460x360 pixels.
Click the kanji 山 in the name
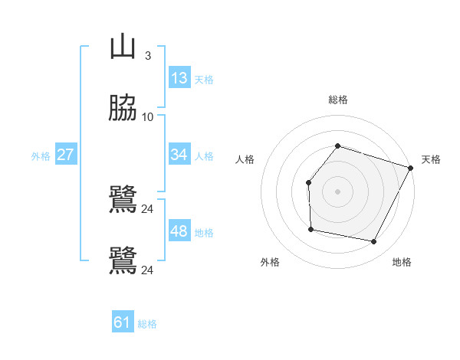(x=123, y=48)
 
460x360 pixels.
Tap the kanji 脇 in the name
(x=123, y=110)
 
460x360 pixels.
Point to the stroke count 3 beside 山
(x=148, y=56)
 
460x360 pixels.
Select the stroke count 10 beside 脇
(x=148, y=117)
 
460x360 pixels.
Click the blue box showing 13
(x=179, y=78)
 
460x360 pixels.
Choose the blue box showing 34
(x=179, y=155)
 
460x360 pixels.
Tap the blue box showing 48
(x=179, y=231)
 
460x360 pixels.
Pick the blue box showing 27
(x=66, y=155)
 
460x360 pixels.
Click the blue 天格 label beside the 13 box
(x=204, y=80)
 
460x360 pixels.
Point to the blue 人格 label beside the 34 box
(x=204, y=156)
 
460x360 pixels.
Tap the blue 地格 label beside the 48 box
(x=204, y=233)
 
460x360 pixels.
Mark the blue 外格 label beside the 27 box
(x=41, y=156)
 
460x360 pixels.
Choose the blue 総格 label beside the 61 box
(x=147, y=324)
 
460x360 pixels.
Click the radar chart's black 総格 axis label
(x=337, y=100)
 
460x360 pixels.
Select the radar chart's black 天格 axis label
(x=431, y=159)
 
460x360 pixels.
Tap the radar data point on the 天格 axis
(x=411, y=168)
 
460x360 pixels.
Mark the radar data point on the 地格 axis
(x=373, y=242)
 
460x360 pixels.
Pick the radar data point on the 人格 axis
(x=308, y=182)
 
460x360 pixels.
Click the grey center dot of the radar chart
(x=337, y=191)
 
